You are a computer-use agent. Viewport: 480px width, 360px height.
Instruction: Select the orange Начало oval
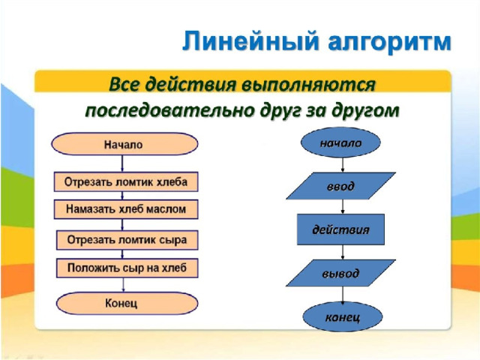(x=124, y=144)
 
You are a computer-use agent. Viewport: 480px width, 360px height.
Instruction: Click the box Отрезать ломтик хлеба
(x=125, y=182)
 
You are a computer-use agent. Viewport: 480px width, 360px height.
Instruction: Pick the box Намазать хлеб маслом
(x=125, y=209)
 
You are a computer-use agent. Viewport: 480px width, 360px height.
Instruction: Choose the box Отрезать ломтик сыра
(x=127, y=241)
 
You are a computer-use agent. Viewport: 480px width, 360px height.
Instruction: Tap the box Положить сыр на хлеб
(x=127, y=268)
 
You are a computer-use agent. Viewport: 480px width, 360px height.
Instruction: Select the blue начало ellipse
(x=341, y=143)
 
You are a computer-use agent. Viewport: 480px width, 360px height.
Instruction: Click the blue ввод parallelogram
(x=340, y=186)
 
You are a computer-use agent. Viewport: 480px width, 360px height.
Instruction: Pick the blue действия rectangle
(x=340, y=230)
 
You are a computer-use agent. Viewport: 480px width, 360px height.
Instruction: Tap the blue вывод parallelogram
(x=340, y=273)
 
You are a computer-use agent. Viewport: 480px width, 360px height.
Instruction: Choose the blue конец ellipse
(x=341, y=316)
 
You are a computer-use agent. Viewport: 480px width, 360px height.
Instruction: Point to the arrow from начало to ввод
(x=341, y=165)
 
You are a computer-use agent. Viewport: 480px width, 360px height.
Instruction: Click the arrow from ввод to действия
(x=341, y=207)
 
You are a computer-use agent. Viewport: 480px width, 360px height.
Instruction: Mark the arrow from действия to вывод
(x=341, y=252)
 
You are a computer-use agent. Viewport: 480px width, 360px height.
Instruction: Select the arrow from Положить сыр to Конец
(x=124, y=285)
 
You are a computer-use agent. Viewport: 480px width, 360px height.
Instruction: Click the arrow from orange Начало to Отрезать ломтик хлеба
(x=124, y=163)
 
